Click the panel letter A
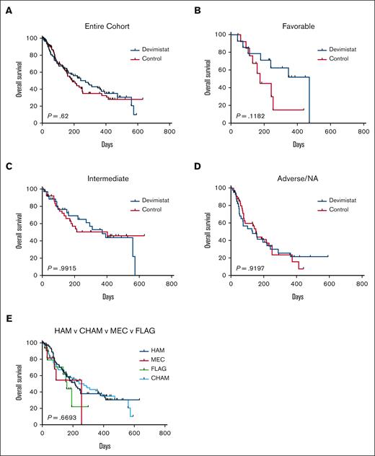6,8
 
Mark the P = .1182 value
248,115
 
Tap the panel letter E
6,315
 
